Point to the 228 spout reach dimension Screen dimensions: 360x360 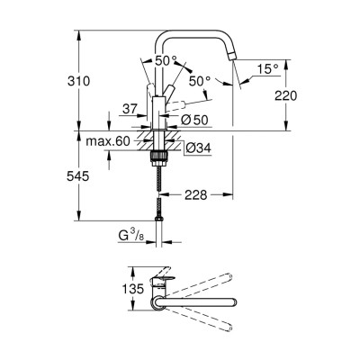click(197, 193)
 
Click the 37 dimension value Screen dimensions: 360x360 click(131, 109)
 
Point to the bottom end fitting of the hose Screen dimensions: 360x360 click(161, 220)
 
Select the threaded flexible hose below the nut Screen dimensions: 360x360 click(161, 189)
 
